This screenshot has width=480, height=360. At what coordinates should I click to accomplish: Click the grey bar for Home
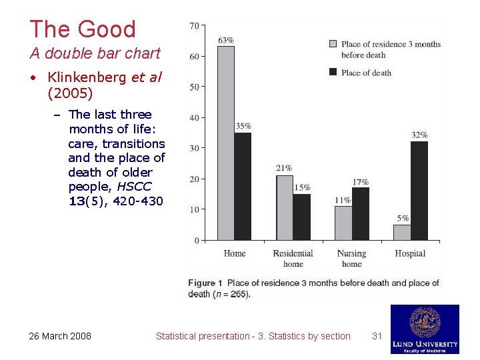point(226,143)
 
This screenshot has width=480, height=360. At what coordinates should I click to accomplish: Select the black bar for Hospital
point(419,191)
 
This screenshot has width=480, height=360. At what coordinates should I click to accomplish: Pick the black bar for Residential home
point(302,217)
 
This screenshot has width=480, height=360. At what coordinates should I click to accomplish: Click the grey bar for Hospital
point(402,232)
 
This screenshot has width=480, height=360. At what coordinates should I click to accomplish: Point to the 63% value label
point(225,40)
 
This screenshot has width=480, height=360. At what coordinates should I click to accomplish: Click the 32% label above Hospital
point(419,135)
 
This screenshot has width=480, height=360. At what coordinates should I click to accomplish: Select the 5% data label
point(403,218)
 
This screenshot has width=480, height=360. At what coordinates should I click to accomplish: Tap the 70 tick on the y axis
point(195,25)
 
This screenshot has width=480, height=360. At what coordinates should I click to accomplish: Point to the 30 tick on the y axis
point(195,148)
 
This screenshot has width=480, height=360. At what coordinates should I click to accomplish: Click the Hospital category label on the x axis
point(410,253)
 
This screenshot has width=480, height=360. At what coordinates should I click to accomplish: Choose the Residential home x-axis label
point(293,258)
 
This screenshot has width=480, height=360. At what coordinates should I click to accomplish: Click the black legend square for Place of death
point(333,72)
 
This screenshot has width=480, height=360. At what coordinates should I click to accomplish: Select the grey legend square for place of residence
point(333,44)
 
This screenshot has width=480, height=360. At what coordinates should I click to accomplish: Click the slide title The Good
point(83,29)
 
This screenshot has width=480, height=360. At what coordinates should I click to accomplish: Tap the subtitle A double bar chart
point(95,53)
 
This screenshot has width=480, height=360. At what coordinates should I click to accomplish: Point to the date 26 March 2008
point(60,336)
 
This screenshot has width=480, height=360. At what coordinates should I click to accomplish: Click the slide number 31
point(377,336)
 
